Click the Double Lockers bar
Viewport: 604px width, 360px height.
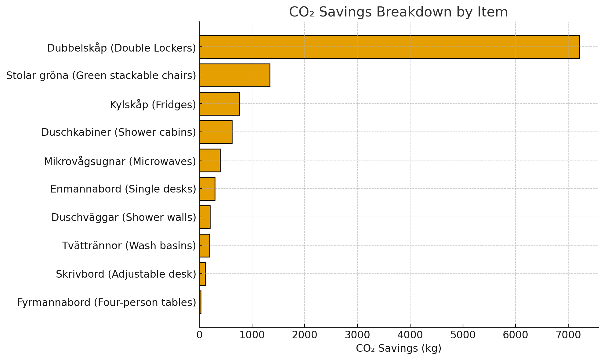click(389, 47)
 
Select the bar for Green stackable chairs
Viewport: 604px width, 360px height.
click(235, 75)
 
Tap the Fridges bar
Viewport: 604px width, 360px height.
click(219, 104)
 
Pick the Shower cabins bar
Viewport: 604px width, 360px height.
click(216, 132)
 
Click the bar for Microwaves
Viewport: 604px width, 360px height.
click(210, 160)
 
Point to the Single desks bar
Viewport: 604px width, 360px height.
click(207, 189)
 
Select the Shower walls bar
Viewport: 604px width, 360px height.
click(205, 217)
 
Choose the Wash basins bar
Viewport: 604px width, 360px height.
click(204, 246)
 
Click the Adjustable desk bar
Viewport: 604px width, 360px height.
click(202, 274)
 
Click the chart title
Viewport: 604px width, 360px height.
click(399, 12)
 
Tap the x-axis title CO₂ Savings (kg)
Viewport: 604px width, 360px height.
click(399, 348)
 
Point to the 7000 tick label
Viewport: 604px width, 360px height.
click(568, 335)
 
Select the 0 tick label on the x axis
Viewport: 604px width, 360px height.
click(199, 335)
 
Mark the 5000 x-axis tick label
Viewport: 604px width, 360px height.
click(463, 335)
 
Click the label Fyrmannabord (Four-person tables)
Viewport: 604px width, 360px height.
click(107, 303)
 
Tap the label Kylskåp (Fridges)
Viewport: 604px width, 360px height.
click(153, 104)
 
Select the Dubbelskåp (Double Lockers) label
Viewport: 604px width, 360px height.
click(121, 48)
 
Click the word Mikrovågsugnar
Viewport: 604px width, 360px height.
click(85, 161)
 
